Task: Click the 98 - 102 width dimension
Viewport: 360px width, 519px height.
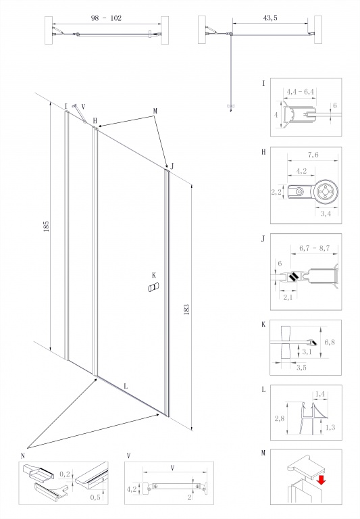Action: (x=106, y=18)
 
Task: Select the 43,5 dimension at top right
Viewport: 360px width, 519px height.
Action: (x=270, y=18)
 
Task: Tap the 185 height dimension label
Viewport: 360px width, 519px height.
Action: (x=46, y=226)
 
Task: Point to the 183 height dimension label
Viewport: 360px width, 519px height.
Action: (x=186, y=309)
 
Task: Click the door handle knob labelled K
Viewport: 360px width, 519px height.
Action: (x=153, y=287)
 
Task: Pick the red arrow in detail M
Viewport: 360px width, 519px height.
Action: (x=321, y=480)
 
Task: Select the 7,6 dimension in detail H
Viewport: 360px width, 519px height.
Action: (x=313, y=155)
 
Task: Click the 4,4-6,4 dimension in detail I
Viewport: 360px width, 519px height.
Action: (x=300, y=91)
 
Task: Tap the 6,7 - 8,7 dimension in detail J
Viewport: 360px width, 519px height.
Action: (x=314, y=248)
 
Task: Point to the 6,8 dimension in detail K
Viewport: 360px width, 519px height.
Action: (x=330, y=342)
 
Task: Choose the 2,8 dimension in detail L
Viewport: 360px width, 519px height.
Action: (x=279, y=419)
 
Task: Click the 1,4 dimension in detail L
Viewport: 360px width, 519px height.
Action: (x=319, y=394)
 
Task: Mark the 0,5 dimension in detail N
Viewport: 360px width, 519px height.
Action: (x=95, y=497)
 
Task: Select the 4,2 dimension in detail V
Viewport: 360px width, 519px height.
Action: (x=132, y=489)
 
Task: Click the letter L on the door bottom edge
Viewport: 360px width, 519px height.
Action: (x=126, y=386)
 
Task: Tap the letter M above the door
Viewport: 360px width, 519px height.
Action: (x=155, y=111)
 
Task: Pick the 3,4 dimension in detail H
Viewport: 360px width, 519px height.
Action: (x=326, y=214)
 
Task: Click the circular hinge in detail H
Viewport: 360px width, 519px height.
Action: (x=326, y=192)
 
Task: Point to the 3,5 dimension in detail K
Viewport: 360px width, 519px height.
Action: (x=301, y=368)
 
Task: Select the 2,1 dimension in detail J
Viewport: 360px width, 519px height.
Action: (x=288, y=297)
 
